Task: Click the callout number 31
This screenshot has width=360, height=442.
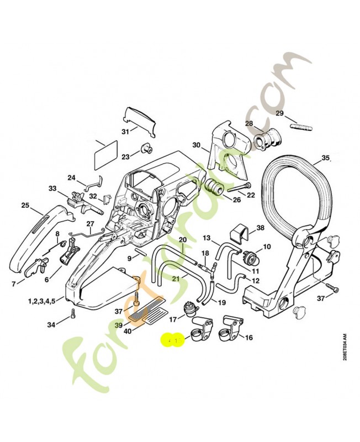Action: tap(125, 131)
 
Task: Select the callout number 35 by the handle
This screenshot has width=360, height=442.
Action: tap(325, 157)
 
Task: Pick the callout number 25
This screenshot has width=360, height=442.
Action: tap(25, 206)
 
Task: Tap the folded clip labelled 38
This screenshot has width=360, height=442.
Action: tap(239, 235)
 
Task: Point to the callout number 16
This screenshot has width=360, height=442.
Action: tap(248, 337)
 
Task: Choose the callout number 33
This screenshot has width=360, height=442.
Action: tap(52, 188)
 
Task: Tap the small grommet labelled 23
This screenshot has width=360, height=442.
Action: tap(146, 148)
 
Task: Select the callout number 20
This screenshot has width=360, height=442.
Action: tap(182, 239)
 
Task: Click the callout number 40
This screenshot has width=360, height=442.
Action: tap(127, 331)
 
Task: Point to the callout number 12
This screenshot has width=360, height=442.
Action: tap(255, 281)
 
